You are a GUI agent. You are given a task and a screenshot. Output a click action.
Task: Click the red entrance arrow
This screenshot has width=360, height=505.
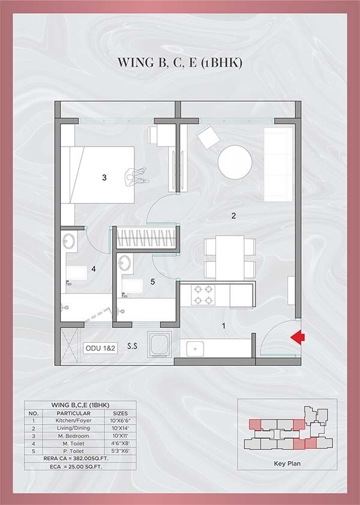295,339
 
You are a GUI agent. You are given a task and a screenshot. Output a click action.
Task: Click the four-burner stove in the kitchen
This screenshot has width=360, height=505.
203,294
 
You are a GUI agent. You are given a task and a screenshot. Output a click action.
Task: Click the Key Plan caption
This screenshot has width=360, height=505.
286,464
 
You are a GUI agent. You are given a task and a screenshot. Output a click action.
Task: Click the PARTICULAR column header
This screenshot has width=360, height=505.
73,413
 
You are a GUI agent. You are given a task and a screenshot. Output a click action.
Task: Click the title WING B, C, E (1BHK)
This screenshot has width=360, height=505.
179,62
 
